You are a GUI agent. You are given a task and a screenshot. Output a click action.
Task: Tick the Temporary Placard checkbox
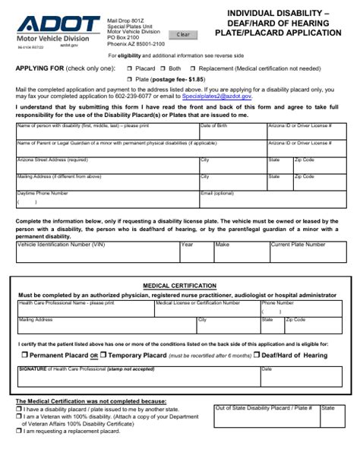point(103,356)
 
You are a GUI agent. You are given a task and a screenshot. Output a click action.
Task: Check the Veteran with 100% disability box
point(18,416)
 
